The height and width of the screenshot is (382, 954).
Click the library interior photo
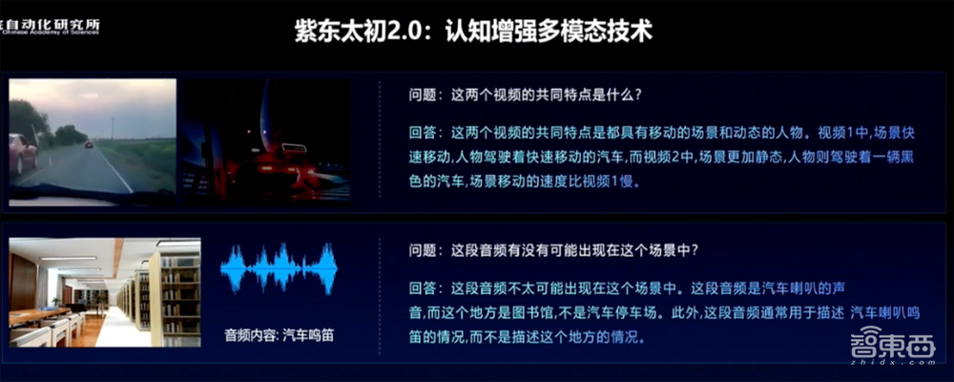tap(104, 292)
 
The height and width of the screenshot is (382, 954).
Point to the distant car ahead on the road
tap(89, 144)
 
